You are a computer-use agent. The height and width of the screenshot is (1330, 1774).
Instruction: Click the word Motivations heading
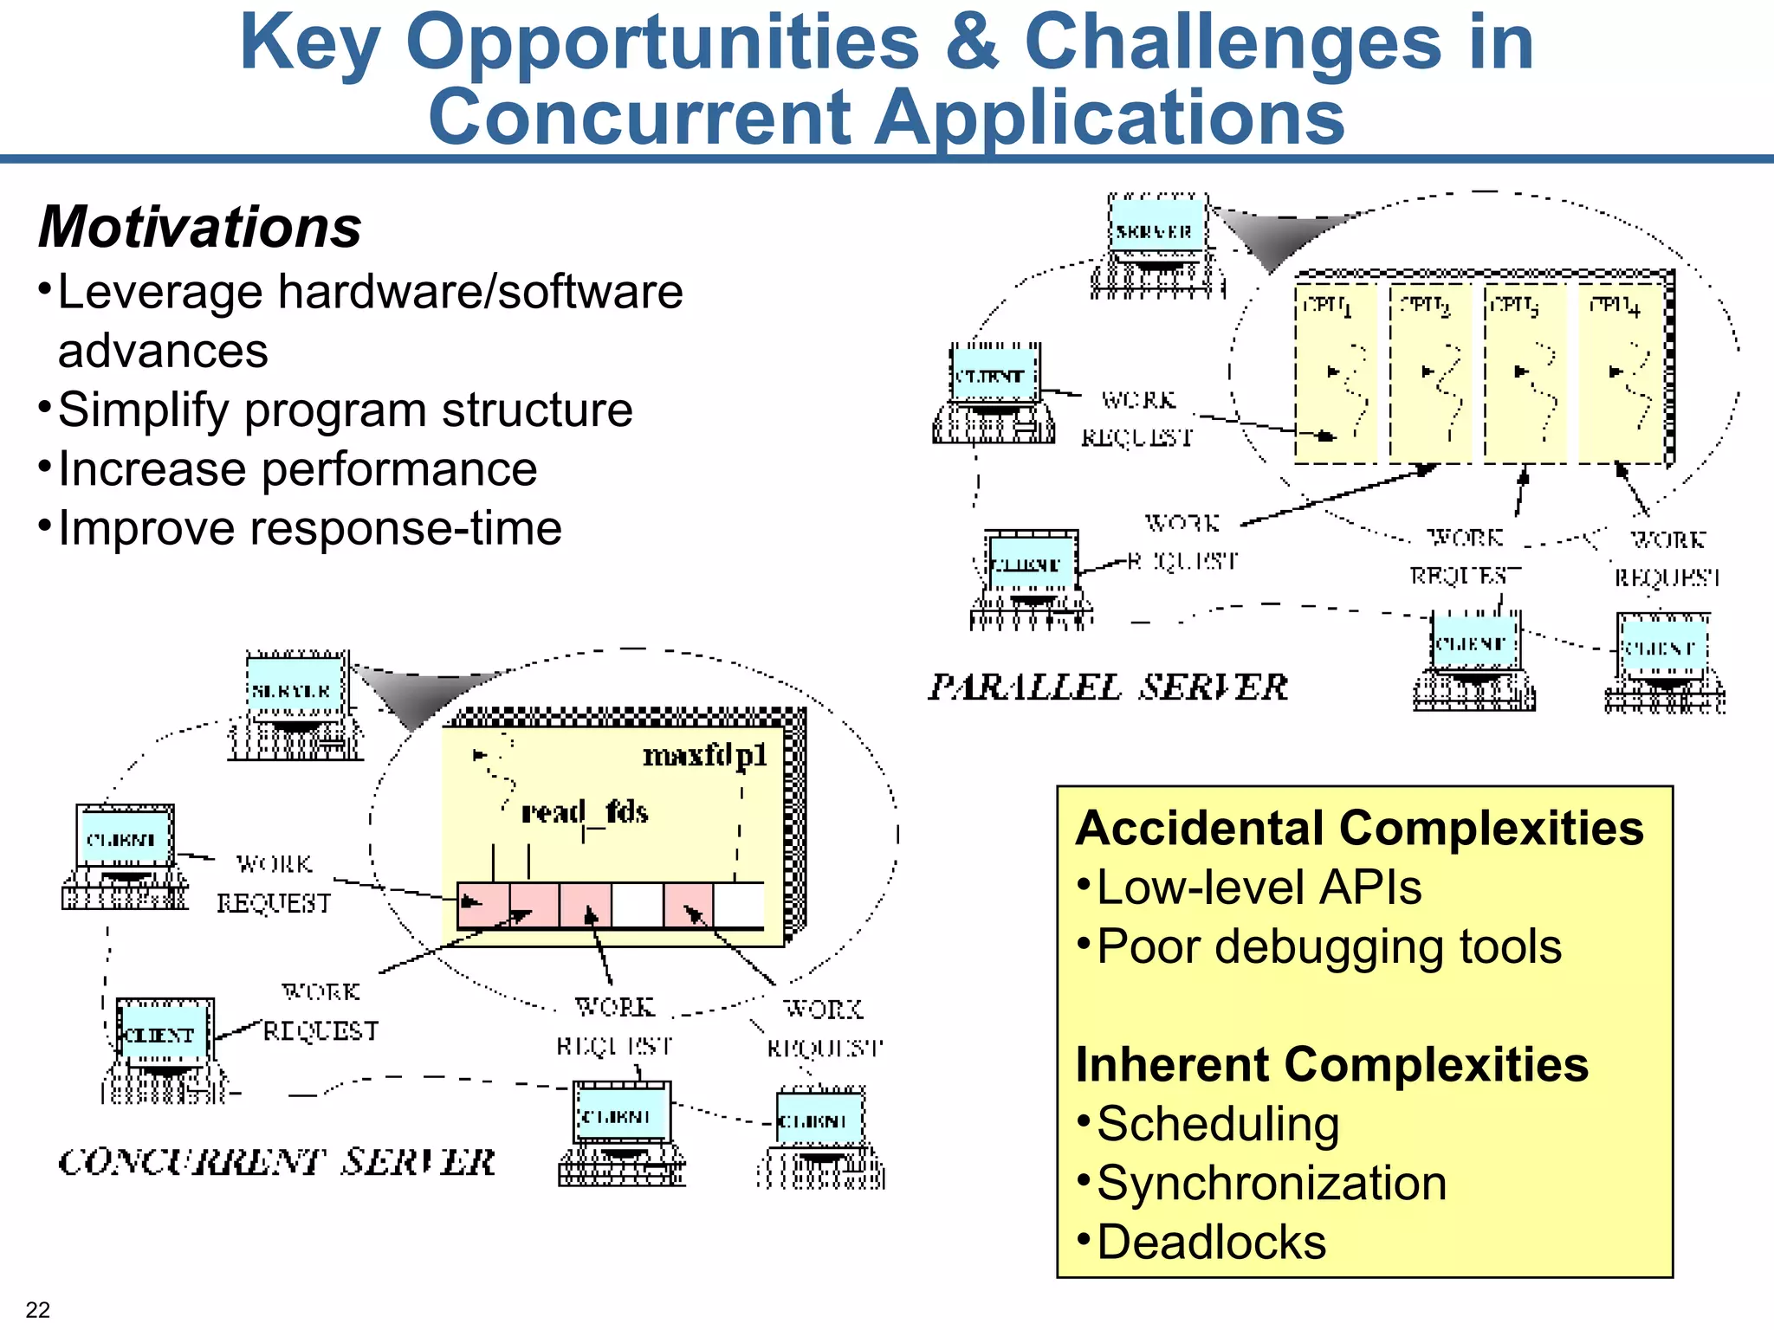click(200, 227)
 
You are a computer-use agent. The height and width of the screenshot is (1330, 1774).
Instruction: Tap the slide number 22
click(38, 1309)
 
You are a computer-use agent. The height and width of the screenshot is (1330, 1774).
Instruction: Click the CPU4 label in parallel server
click(1615, 306)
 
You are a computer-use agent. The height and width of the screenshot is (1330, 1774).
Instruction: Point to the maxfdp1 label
click(705, 756)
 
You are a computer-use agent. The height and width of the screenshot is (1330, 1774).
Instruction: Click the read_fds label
click(585, 812)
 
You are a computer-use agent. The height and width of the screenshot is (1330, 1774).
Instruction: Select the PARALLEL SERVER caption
click(1108, 688)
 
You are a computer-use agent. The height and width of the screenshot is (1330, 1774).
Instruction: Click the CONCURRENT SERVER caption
click(276, 1162)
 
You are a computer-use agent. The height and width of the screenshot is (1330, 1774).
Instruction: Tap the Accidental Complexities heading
click(1359, 828)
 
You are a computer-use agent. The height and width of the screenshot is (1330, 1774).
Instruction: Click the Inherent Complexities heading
click(1331, 1064)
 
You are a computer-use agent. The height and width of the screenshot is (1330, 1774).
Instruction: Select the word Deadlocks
click(1211, 1242)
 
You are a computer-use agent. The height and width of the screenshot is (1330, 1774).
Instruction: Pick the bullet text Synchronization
click(1271, 1183)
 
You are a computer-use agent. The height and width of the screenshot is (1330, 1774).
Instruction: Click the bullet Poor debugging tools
click(1329, 946)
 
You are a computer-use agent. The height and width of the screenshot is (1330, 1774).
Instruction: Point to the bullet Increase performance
click(297, 469)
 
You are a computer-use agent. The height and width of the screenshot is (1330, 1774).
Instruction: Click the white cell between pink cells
click(638, 905)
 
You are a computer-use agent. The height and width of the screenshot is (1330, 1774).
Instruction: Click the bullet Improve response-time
click(309, 528)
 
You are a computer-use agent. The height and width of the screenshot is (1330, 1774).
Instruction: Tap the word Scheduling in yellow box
click(1218, 1124)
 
